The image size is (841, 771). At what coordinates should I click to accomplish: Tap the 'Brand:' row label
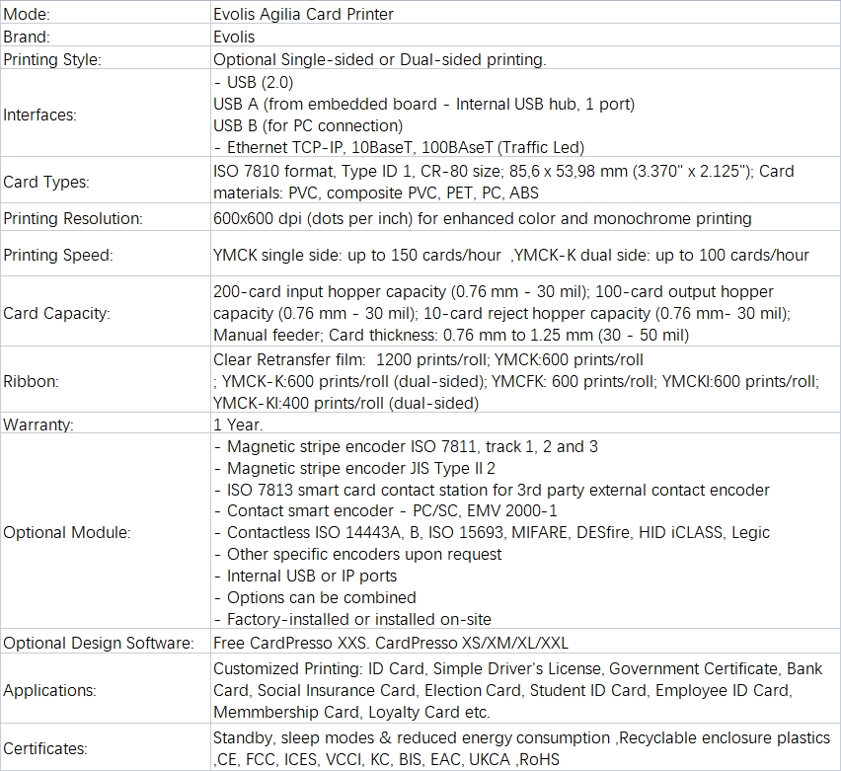tap(28, 38)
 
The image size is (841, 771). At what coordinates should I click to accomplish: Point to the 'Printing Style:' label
tap(52, 59)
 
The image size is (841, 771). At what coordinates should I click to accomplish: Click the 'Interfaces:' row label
tap(40, 115)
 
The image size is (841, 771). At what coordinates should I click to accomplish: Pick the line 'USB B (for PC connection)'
tap(308, 125)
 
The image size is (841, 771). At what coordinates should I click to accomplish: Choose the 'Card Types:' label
tap(46, 182)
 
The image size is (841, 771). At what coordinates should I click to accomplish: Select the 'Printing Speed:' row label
tap(58, 255)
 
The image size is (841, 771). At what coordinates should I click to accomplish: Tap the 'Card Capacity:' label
tap(57, 313)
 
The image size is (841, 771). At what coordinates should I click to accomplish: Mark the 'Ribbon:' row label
tap(31, 381)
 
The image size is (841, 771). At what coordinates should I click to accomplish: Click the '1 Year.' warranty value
tap(238, 424)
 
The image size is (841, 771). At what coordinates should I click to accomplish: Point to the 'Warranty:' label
tap(38, 424)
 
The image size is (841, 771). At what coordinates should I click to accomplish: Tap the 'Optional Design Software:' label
tap(99, 643)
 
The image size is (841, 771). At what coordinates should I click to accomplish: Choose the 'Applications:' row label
tap(50, 690)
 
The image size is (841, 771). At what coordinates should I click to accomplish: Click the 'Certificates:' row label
tap(46, 748)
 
